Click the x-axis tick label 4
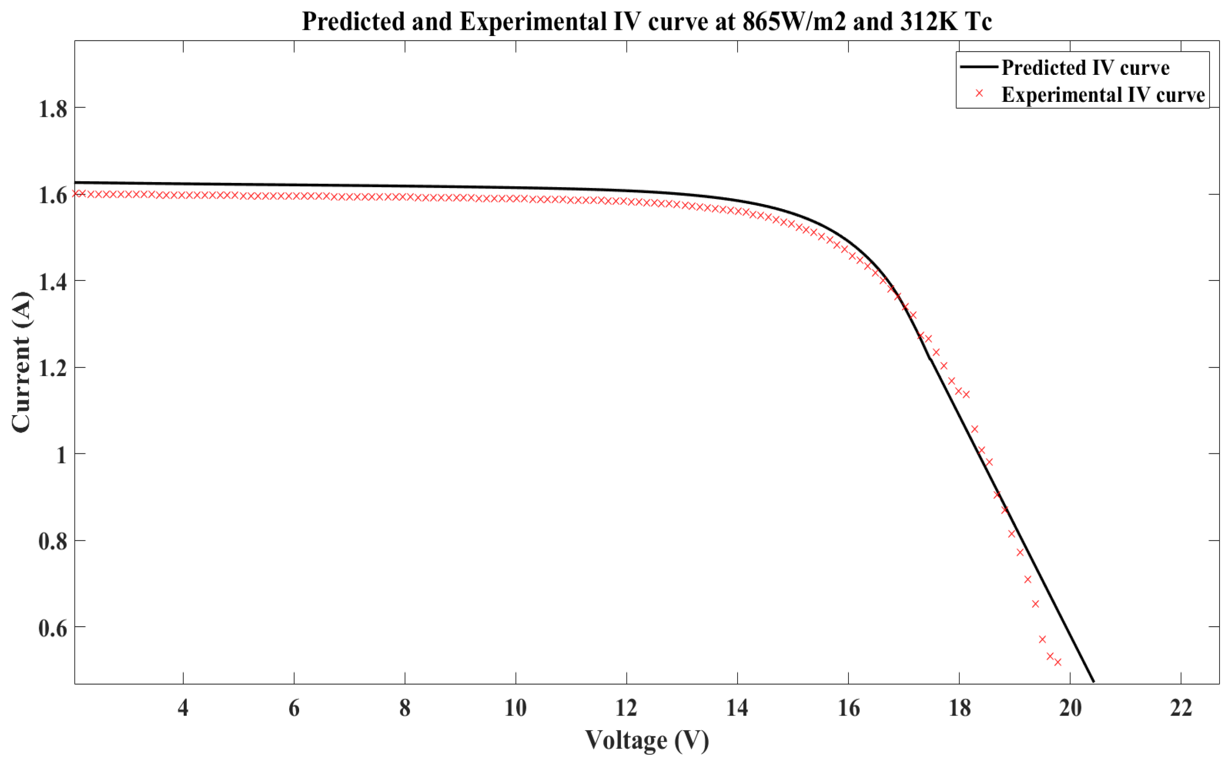click(183, 709)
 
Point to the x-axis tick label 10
click(516, 709)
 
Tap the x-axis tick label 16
click(848, 709)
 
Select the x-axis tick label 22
click(1181, 709)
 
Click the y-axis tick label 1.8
click(53, 108)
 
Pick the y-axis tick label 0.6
click(53, 628)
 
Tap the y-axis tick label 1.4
click(53, 282)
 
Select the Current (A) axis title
click(21, 362)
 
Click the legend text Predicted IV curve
click(1085, 68)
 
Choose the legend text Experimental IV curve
click(1103, 95)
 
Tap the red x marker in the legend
click(979, 94)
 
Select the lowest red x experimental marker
click(1058, 662)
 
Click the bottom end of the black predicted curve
click(1093, 681)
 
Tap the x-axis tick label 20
click(1070, 709)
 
